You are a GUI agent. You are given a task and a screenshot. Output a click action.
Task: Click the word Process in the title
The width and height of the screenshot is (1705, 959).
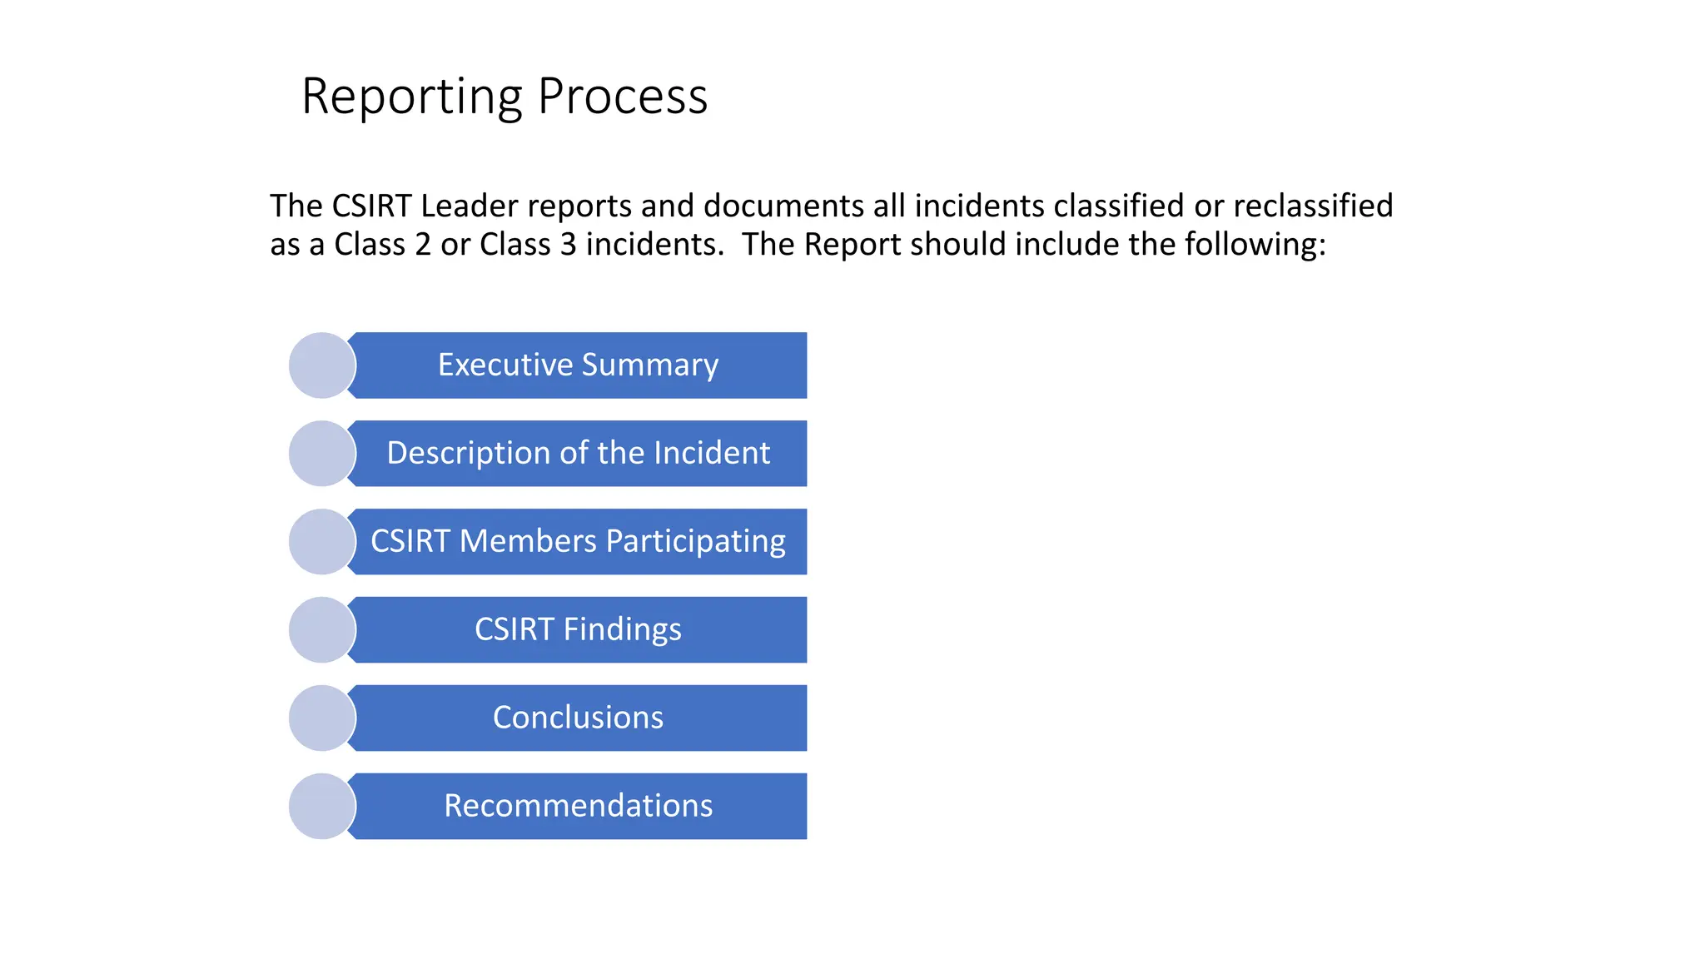pos(623,97)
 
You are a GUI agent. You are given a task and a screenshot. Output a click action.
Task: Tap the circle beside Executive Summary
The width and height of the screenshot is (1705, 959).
pos(322,365)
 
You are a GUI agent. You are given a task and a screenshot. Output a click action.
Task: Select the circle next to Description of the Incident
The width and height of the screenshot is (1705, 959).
pos(322,454)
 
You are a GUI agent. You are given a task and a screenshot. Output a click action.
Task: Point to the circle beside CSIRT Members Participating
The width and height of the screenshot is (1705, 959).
pos(322,542)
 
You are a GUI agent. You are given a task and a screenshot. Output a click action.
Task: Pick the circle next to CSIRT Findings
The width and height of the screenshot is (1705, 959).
pos(322,630)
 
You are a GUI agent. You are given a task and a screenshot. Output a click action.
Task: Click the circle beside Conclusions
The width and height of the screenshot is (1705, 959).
pos(322,718)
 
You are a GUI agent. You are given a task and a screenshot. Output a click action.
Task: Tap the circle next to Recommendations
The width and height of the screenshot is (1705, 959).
pos(322,807)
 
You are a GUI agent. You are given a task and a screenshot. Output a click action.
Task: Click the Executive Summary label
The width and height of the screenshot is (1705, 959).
pos(578,365)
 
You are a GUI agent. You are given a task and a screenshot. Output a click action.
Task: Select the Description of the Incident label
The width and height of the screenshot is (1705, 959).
pos(578,454)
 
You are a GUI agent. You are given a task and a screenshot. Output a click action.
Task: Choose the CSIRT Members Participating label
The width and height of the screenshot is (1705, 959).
pos(578,542)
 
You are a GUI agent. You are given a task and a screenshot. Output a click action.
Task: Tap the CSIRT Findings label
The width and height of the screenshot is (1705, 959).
pos(578,630)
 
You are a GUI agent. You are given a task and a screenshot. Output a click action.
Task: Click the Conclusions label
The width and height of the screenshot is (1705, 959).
pos(578,718)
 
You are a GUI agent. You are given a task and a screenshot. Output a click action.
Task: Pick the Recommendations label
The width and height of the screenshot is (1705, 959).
pos(578,807)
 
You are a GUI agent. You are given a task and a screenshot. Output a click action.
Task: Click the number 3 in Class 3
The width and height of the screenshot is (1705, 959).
pos(568,245)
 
